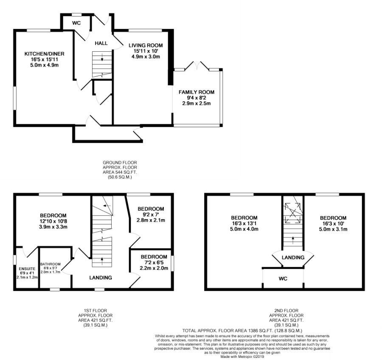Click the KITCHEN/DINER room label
(x=44, y=54)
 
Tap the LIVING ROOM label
(x=146, y=45)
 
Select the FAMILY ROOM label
(x=197, y=92)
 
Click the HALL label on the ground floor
(x=101, y=43)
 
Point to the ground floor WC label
(x=76, y=23)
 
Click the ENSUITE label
(x=27, y=269)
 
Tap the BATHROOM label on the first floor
(x=51, y=264)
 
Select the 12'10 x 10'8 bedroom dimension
(x=53, y=221)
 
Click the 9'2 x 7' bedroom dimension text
(x=151, y=215)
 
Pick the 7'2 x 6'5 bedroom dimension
(x=154, y=262)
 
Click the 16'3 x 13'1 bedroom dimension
(x=244, y=223)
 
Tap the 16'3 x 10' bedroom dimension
(x=333, y=223)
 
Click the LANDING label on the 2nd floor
(x=293, y=257)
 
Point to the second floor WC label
(x=283, y=279)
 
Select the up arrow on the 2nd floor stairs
(x=293, y=240)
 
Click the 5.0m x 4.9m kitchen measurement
(x=44, y=65)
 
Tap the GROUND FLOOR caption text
(x=120, y=162)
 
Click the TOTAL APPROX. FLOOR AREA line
(x=242, y=331)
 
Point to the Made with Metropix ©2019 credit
(x=242, y=357)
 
